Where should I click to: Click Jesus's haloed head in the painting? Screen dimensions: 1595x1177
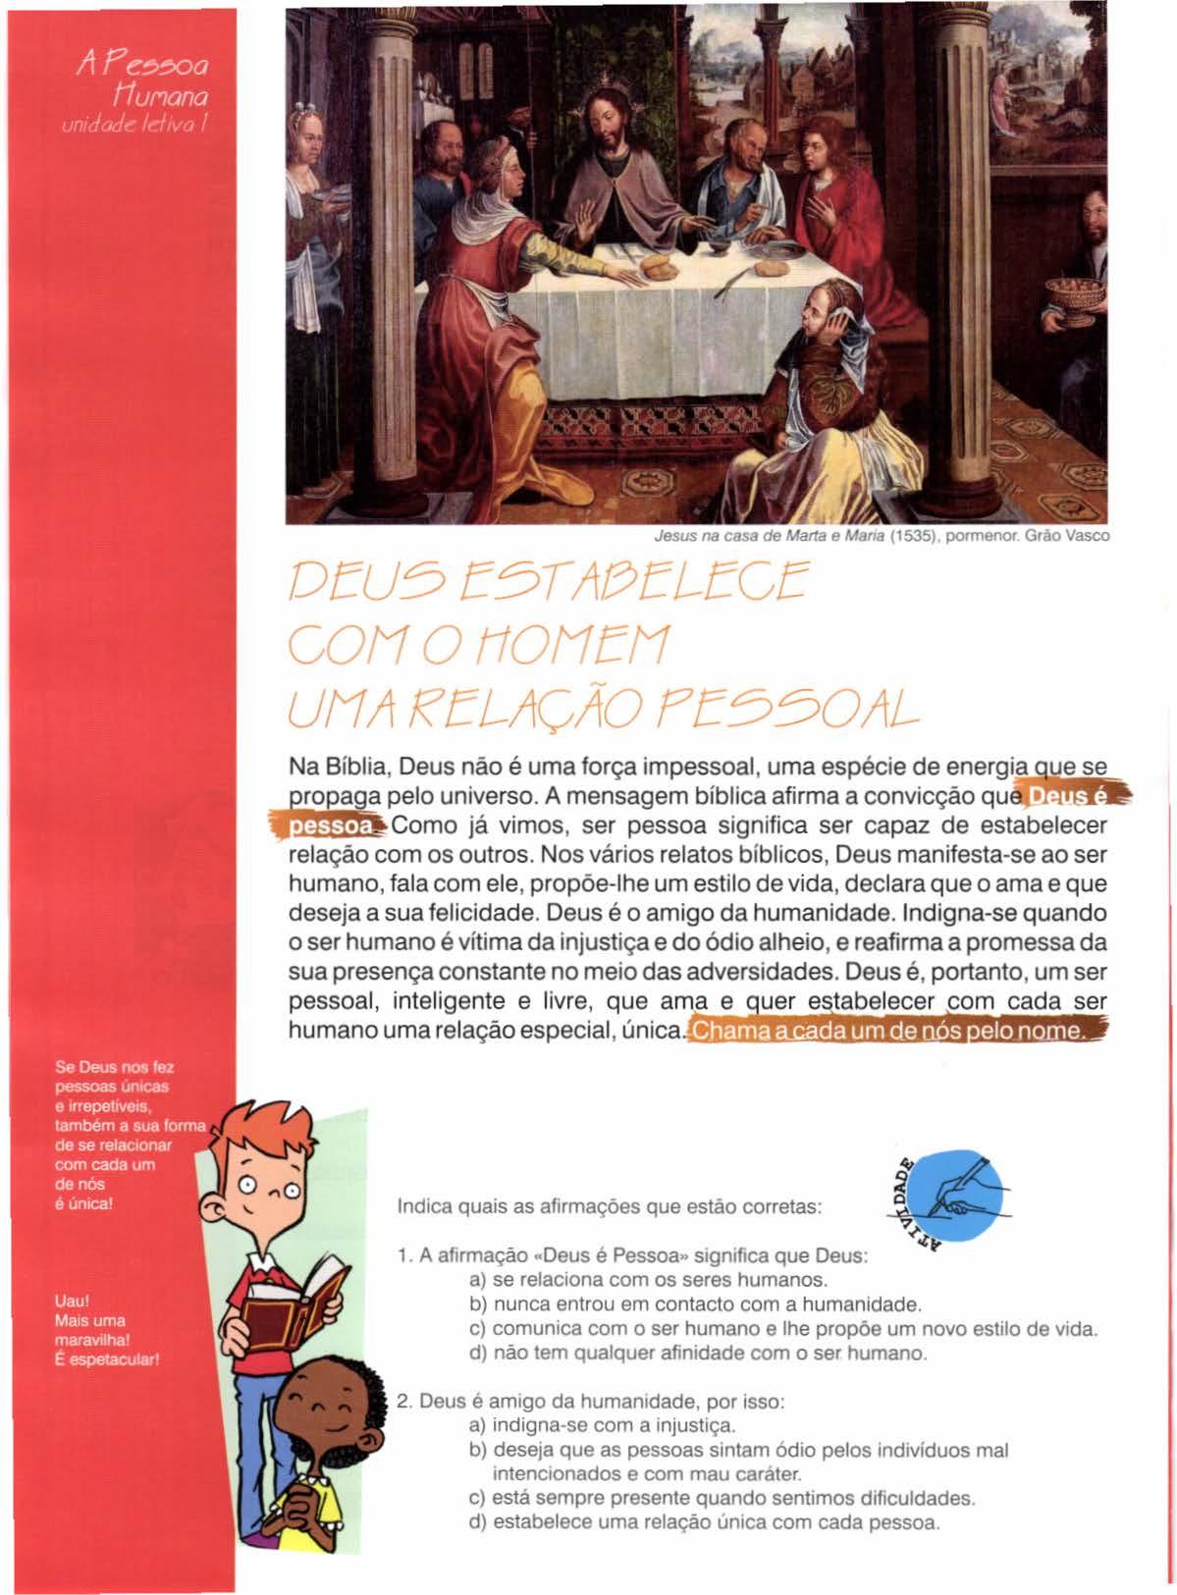[596, 134]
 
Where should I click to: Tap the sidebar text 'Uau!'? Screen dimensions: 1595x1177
[69, 1303]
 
